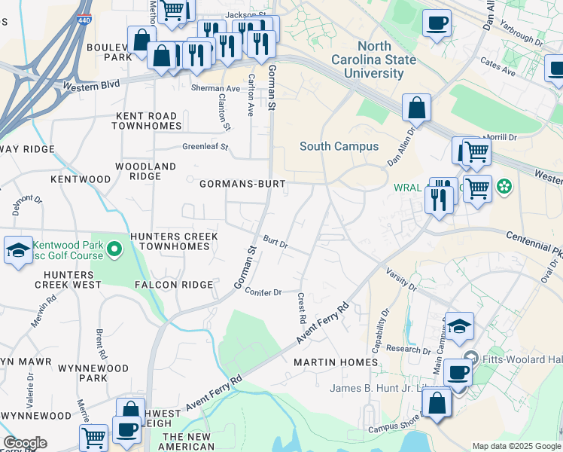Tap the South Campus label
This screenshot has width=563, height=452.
click(x=339, y=146)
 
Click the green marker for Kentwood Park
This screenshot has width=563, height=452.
click(x=114, y=248)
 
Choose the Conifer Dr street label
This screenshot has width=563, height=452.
click(x=263, y=292)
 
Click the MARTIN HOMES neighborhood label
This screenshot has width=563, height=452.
click(x=336, y=362)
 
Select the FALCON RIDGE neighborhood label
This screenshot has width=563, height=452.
click(x=174, y=285)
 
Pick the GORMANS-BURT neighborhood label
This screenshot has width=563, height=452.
click(x=237, y=184)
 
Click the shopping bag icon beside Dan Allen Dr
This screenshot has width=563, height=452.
click(x=416, y=108)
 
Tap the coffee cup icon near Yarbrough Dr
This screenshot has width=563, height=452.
click(x=437, y=23)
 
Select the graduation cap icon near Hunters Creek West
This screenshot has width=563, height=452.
click(x=18, y=251)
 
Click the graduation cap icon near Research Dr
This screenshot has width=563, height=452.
click(x=459, y=326)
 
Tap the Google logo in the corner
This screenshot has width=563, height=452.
click(x=25, y=443)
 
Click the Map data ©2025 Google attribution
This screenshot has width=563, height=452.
click(x=516, y=446)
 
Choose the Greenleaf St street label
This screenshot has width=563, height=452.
click(x=205, y=147)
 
